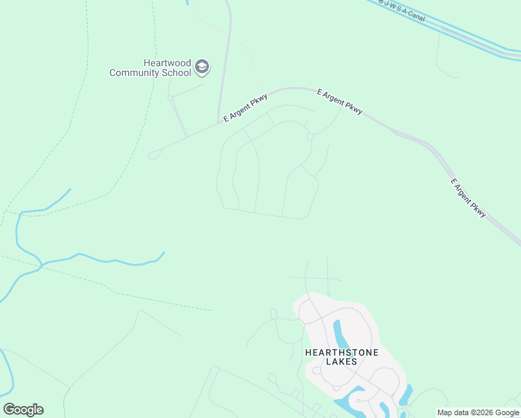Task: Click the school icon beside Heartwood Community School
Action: (202, 67)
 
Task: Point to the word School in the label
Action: (176, 72)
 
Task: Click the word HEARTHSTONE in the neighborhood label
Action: (341, 353)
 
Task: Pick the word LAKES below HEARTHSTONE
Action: (341, 362)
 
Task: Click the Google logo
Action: (23, 410)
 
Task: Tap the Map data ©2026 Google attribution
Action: (479, 412)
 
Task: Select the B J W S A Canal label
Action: (401, 8)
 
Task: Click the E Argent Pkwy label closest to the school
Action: (246, 108)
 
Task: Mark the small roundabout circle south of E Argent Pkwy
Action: (311, 137)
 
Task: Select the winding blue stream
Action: (104, 260)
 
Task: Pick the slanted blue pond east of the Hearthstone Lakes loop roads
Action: (405, 394)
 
